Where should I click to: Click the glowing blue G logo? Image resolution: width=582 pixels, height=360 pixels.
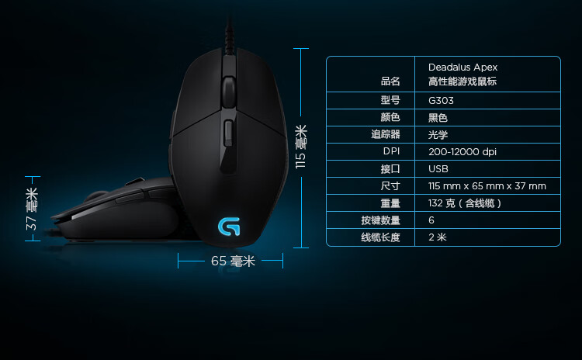(229, 227)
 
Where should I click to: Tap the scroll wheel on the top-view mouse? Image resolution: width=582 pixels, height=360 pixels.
(229, 90)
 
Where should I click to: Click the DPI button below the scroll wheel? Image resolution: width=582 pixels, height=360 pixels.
(229, 133)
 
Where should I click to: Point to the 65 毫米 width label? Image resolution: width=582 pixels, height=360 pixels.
(233, 261)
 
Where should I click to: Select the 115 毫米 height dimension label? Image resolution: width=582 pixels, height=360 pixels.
(301, 147)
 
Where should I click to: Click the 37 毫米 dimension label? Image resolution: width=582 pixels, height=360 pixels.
(32, 209)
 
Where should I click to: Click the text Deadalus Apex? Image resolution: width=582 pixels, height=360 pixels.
(462, 67)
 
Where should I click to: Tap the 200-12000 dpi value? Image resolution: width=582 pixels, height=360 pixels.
(462, 152)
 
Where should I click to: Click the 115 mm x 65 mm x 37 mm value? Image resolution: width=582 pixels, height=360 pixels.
(487, 186)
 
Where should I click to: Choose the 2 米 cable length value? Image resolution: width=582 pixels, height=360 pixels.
(438, 237)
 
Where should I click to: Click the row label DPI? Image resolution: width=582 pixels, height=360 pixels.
(391, 151)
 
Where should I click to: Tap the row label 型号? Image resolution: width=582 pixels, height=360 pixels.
(390, 100)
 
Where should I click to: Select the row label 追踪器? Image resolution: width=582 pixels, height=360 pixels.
(385, 134)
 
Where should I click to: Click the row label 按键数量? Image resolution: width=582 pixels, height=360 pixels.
(380, 220)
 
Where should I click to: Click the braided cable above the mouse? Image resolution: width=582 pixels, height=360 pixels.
(230, 36)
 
